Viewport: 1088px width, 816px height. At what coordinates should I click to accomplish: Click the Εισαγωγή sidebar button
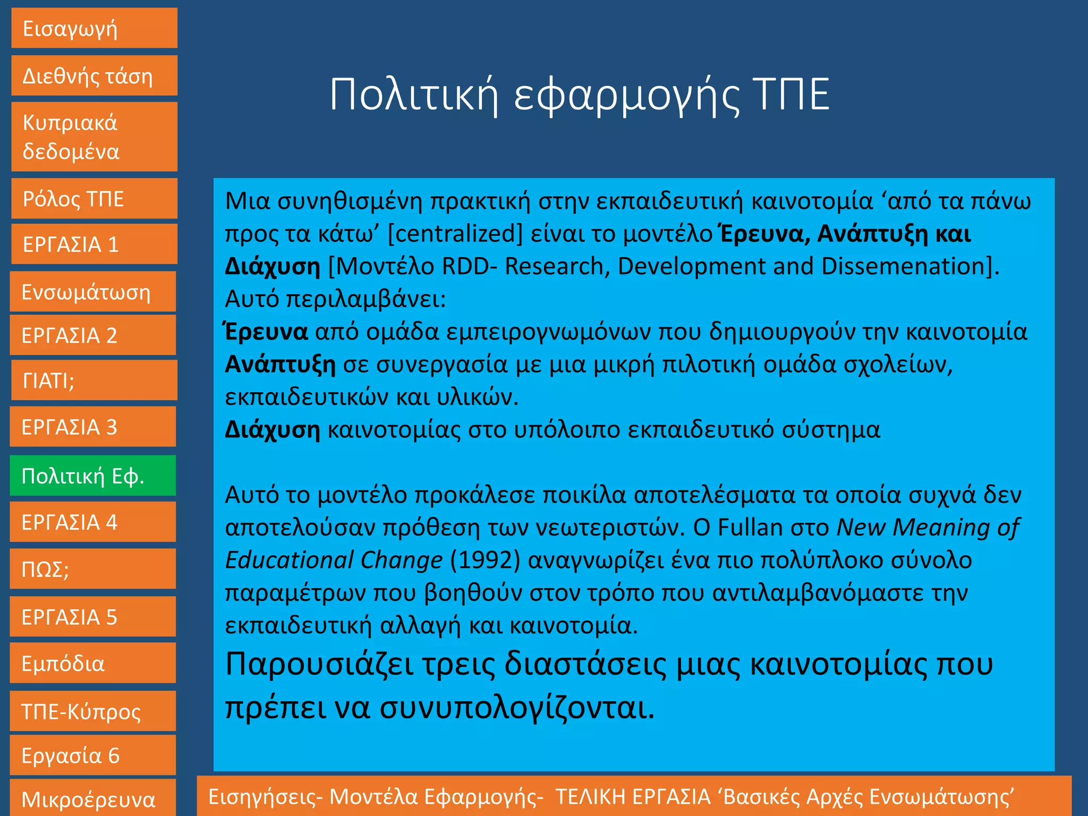[x=94, y=28]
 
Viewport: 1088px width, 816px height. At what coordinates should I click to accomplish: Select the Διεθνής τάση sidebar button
[x=94, y=76]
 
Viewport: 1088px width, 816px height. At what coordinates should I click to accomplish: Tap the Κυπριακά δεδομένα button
[x=94, y=137]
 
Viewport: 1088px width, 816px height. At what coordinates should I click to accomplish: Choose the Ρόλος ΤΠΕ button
[x=94, y=199]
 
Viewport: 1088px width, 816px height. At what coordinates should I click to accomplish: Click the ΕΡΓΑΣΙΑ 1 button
[x=94, y=244]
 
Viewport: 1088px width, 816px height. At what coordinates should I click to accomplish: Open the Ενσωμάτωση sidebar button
[x=93, y=292]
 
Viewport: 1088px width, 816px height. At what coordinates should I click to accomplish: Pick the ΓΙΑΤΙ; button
[x=94, y=380]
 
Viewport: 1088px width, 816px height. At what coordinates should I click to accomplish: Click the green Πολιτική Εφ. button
[x=93, y=475]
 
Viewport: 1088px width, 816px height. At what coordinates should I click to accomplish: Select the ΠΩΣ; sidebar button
[x=93, y=569]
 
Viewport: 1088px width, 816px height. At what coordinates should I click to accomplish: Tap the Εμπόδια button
[x=93, y=663]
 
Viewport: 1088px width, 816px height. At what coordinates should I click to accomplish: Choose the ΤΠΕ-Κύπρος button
[x=93, y=711]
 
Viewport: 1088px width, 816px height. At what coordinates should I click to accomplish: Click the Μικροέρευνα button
[x=93, y=798]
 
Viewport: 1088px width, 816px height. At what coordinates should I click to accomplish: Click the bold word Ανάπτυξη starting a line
[x=280, y=364]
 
